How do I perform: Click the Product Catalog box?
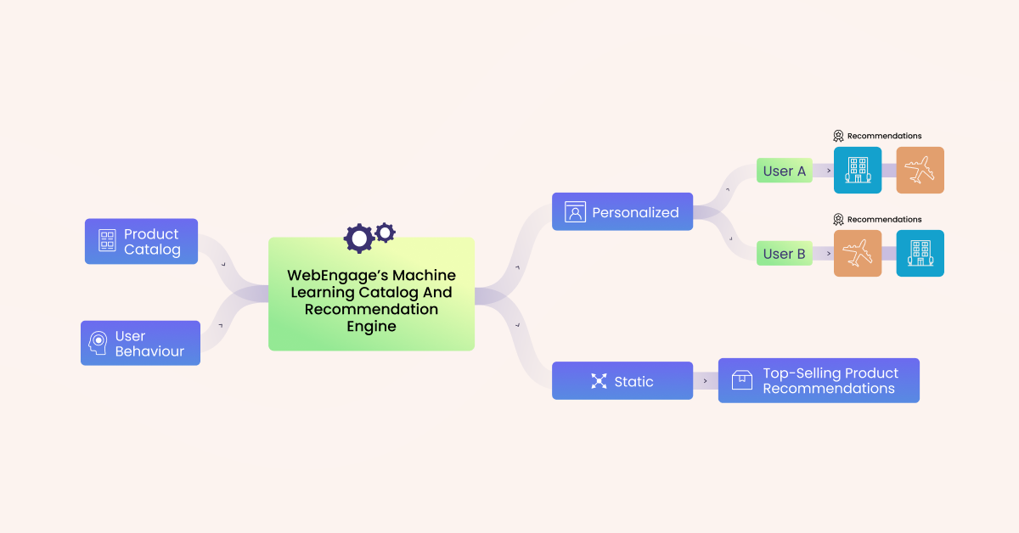[141, 241]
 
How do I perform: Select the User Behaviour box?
[140, 343]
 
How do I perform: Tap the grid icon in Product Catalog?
[107, 241]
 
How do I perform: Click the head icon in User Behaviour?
[99, 343]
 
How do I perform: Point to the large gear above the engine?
[358, 238]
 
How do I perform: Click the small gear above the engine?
[386, 232]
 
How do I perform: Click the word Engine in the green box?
[371, 327]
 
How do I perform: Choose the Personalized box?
[622, 211]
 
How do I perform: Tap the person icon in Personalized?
[575, 212]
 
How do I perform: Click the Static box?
[622, 380]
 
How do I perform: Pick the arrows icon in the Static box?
[600, 381]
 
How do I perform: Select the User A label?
[784, 171]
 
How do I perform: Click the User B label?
[784, 254]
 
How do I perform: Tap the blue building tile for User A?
[858, 170]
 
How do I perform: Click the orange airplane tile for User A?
[920, 170]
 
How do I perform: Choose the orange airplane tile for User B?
[858, 253]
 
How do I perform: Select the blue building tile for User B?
[920, 253]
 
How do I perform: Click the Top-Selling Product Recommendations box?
[819, 380]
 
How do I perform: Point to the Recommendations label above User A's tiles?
[883, 136]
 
